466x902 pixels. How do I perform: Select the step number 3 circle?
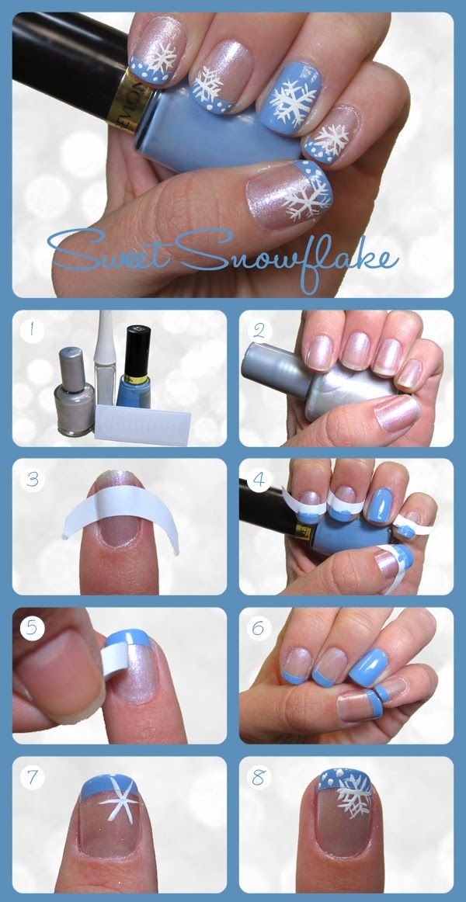point(32,480)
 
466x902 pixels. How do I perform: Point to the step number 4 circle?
point(259,480)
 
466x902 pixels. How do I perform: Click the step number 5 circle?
point(32,628)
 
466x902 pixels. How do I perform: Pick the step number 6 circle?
point(259,628)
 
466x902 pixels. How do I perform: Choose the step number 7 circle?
point(32,777)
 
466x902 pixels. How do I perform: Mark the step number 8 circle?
point(259,777)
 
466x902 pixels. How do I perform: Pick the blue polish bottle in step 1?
point(134,368)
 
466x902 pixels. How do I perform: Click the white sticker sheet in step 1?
point(143,423)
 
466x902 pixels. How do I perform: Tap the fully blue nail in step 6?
point(367,665)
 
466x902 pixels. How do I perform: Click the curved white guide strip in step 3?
point(121,507)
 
